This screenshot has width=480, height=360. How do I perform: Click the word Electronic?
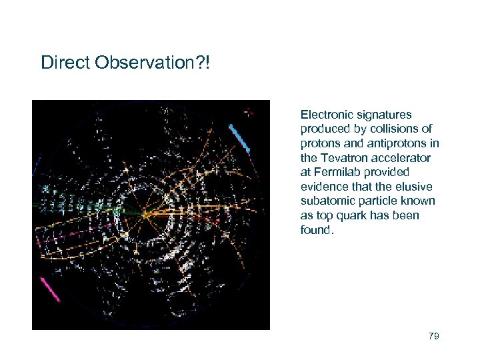point(325,115)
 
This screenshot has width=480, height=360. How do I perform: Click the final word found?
point(316,230)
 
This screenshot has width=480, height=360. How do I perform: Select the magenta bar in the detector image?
point(50,290)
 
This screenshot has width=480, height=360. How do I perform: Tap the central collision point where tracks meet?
point(144,214)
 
